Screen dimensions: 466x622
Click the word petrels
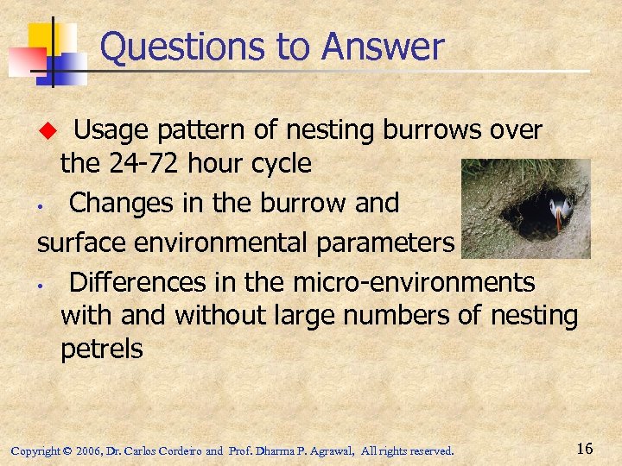[101, 349]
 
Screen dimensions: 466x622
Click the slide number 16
[584, 449]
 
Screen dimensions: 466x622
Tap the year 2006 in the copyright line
[87, 450]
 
